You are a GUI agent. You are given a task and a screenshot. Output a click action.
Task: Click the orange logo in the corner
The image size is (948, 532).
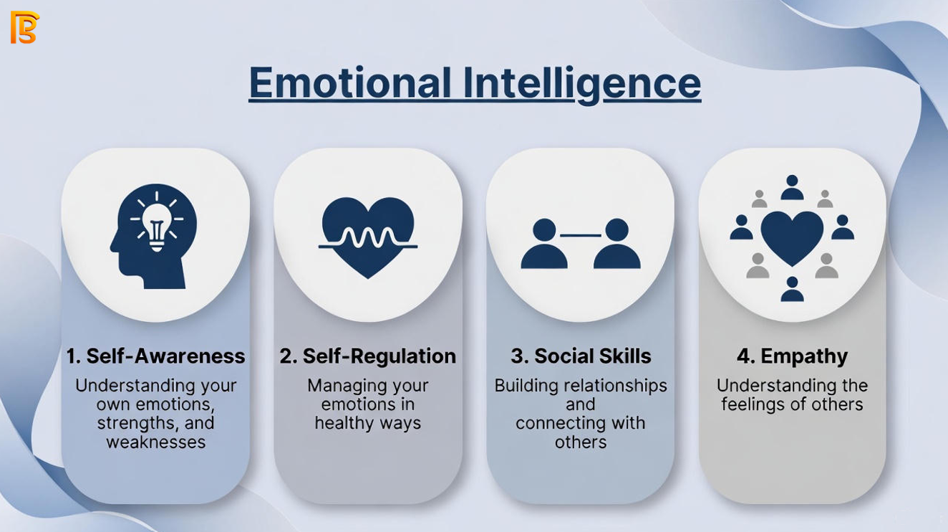24,27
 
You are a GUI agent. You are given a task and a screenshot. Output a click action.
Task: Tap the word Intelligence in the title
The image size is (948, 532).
582,85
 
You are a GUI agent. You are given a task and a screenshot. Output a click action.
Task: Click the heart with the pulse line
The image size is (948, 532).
368,237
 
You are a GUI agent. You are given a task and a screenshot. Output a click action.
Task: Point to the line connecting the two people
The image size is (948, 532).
581,235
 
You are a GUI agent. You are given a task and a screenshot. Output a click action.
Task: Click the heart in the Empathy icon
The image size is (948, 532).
792,238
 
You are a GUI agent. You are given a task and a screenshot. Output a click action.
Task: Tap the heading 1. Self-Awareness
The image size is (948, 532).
156,356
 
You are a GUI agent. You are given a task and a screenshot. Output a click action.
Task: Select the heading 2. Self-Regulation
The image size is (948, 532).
368,356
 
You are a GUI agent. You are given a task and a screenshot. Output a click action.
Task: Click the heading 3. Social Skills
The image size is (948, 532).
581,356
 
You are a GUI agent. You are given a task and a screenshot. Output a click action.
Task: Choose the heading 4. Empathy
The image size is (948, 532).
792,357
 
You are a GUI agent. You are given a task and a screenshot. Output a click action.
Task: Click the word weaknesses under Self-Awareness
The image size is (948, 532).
156,442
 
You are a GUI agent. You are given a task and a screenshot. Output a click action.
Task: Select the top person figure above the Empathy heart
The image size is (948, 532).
792,187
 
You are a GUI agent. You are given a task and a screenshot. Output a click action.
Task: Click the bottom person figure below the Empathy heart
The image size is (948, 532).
792,289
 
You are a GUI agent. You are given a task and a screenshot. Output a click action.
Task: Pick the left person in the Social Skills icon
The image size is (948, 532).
544,244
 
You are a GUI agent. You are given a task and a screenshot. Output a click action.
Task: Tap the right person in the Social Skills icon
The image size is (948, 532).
617,244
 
